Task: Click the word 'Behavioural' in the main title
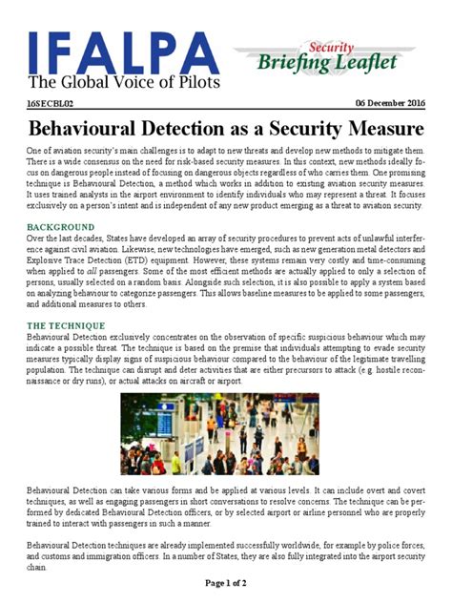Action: click(97, 128)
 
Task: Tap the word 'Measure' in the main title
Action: click(377, 128)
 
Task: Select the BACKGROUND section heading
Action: click(61, 227)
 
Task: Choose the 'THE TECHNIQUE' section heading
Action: click(65, 326)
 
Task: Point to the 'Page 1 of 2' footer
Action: click(226, 581)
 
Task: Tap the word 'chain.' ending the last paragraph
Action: click(38, 566)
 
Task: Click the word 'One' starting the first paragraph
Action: click(36, 153)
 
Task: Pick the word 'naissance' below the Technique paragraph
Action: click(49, 380)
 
